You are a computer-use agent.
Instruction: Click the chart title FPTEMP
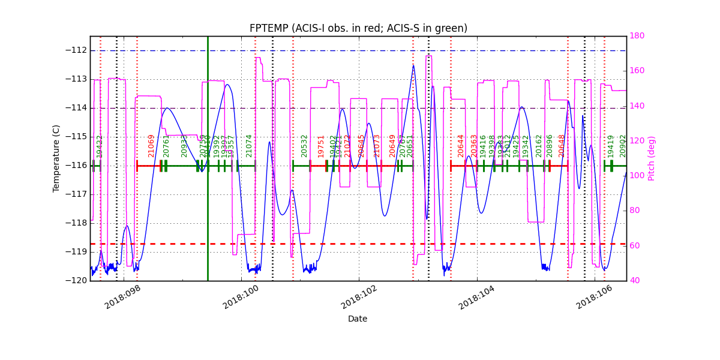tap(358, 28)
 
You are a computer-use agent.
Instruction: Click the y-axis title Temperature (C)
tap(56, 158)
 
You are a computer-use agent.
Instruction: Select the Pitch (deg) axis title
tap(652, 158)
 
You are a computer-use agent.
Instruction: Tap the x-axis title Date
tap(358, 319)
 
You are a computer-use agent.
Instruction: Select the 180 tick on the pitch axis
tap(637, 36)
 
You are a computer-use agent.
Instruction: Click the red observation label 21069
tap(151, 146)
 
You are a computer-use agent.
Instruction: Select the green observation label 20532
tap(304, 146)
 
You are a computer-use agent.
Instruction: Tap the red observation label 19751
tap(321, 146)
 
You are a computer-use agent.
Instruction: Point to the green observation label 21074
tap(249, 146)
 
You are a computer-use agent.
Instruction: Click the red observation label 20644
tap(461, 146)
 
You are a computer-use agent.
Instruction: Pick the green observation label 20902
tap(623, 146)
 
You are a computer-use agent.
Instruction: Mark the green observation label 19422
tap(100, 146)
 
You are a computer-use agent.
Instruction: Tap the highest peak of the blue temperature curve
tap(413, 65)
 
